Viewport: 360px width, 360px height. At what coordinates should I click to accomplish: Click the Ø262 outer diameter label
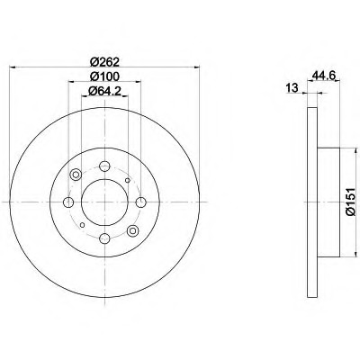pyautogui.click(x=104, y=62)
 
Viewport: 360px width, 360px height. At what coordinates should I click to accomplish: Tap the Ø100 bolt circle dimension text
pyautogui.click(x=104, y=76)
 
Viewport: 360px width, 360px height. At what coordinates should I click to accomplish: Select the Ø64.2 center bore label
pyautogui.click(x=104, y=91)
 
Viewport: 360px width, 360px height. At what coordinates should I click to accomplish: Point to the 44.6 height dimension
pyautogui.click(x=324, y=75)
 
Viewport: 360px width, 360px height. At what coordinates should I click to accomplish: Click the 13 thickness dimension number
pyautogui.click(x=292, y=88)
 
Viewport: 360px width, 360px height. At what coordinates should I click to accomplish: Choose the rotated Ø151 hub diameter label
pyautogui.click(x=350, y=202)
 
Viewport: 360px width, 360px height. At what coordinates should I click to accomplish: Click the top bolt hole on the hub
pyautogui.click(x=104, y=166)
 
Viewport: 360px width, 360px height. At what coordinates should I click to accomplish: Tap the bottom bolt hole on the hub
pyautogui.click(x=104, y=238)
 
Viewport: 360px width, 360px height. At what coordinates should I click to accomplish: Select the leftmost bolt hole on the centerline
pyautogui.click(x=68, y=202)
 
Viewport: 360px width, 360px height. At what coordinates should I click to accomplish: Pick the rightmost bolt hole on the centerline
pyautogui.click(x=140, y=202)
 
